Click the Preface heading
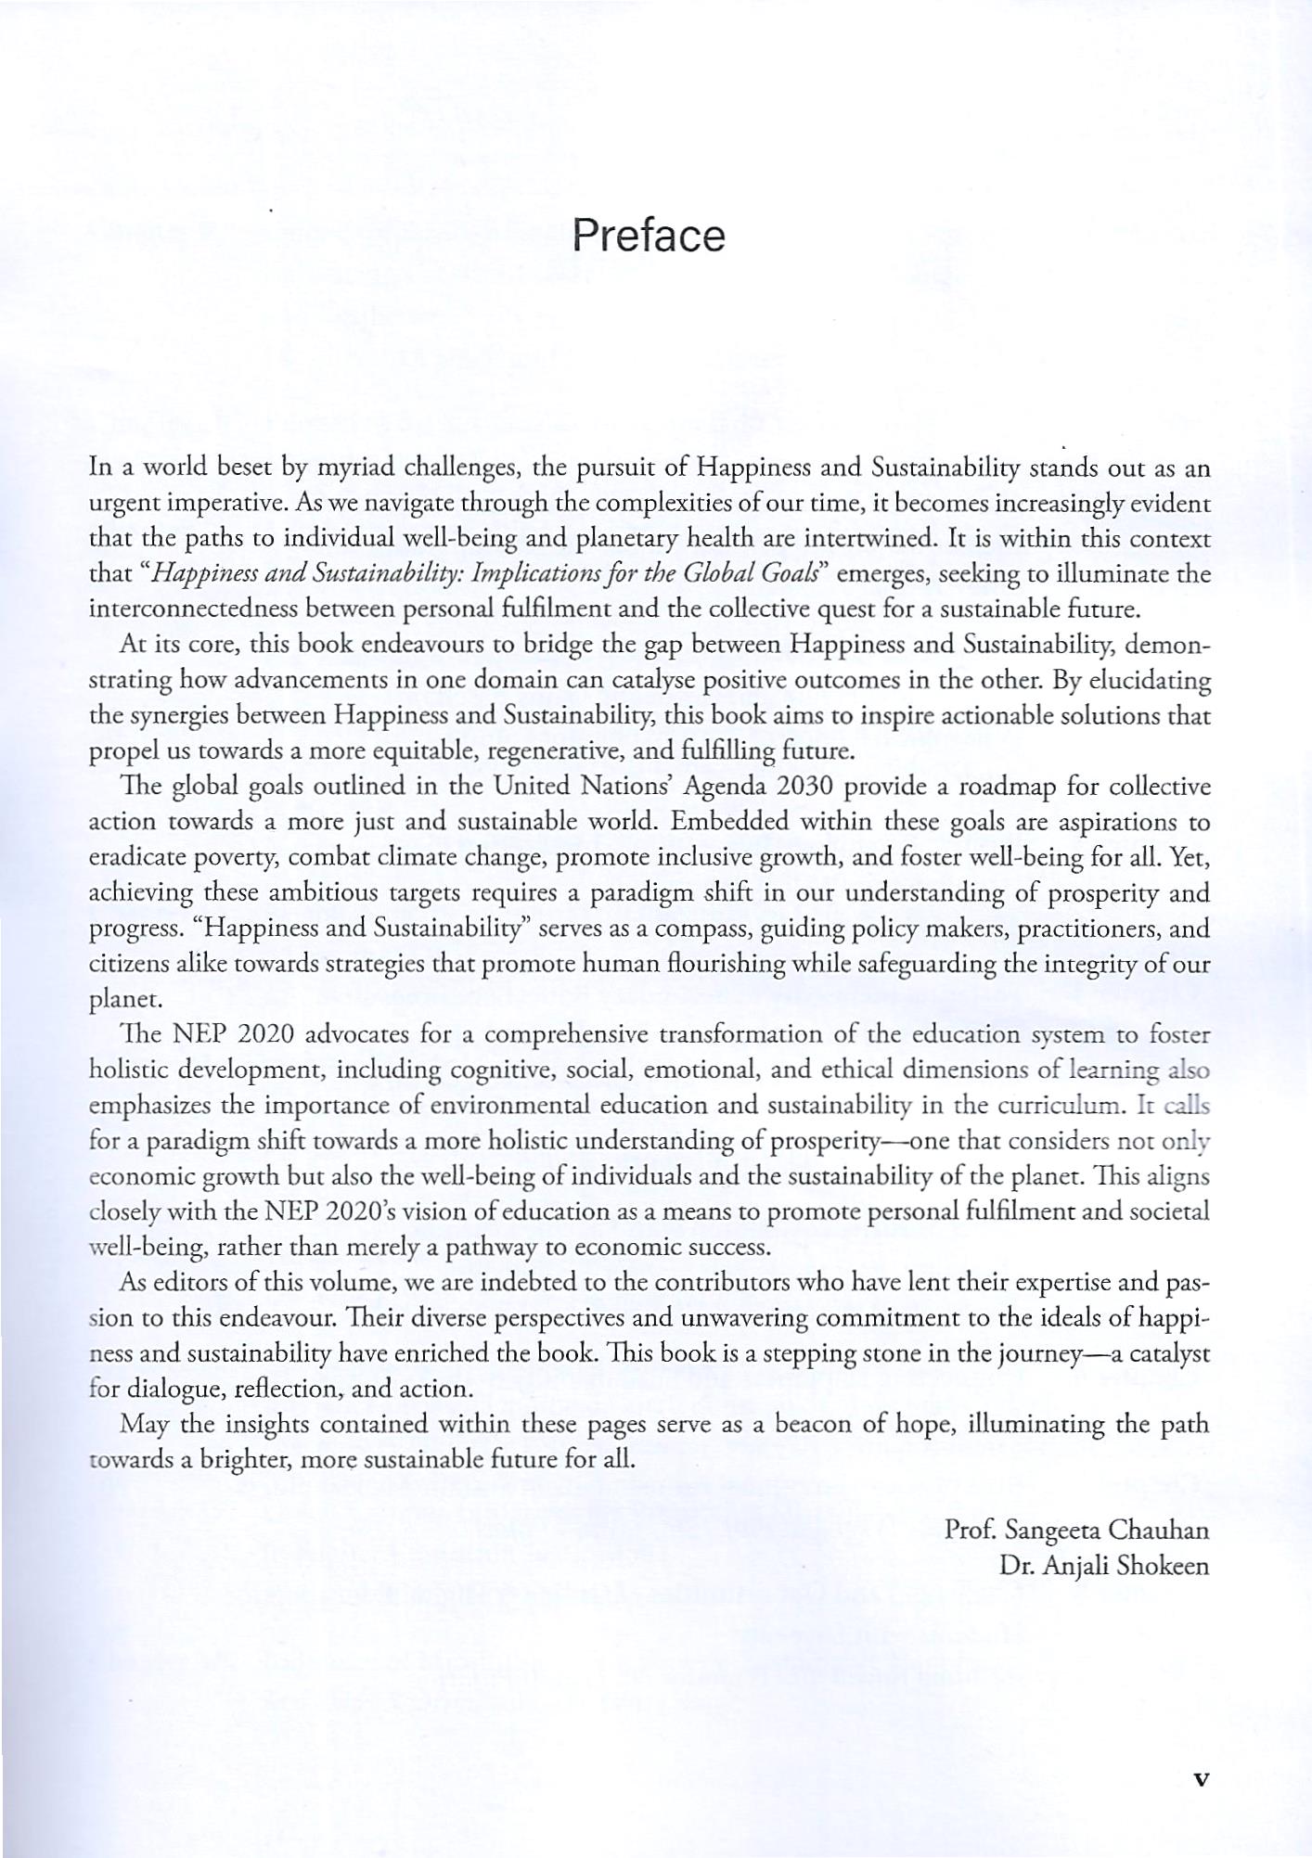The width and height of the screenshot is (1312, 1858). [x=648, y=237]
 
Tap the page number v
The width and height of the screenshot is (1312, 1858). [x=1201, y=1779]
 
